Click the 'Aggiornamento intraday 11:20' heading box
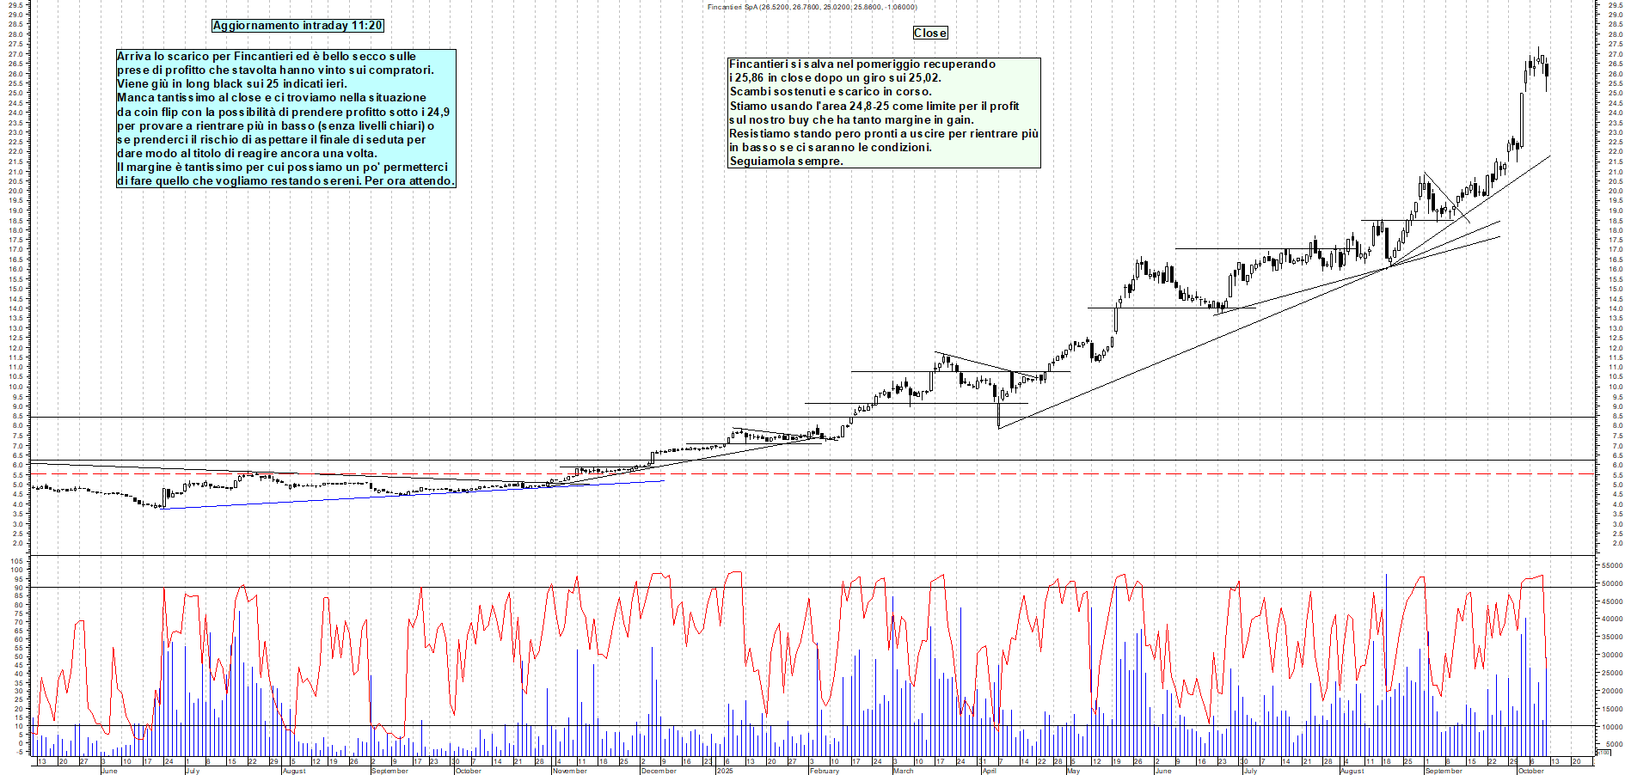(x=297, y=26)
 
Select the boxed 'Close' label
(x=929, y=33)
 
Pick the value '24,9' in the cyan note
(x=438, y=112)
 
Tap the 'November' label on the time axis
(x=569, y=771)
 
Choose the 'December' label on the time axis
(x=659, y=771)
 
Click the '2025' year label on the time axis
(x=725, y=771)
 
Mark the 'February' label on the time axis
(x=824, y=771)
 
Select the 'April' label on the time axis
(x=989, y=771)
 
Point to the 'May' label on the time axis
(x=1073, y=771)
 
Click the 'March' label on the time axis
(x=903, y=771)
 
